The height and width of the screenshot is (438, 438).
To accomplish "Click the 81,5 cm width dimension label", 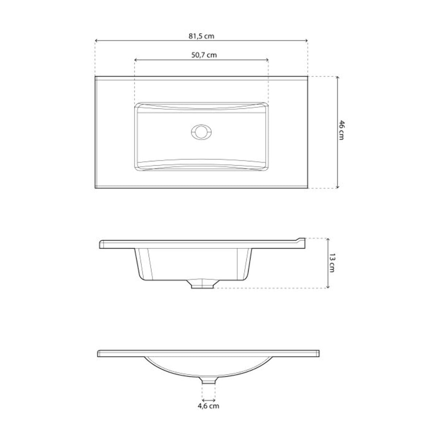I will (201, 36).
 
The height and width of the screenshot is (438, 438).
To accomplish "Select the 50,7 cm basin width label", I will (201, 55).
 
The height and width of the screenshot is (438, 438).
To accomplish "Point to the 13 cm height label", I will (332, 262).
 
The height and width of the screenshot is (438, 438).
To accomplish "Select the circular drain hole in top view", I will (200, 132).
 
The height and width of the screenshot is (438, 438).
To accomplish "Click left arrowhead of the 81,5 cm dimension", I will (96, 41).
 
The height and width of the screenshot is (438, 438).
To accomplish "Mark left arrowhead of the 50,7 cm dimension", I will (136, 60).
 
